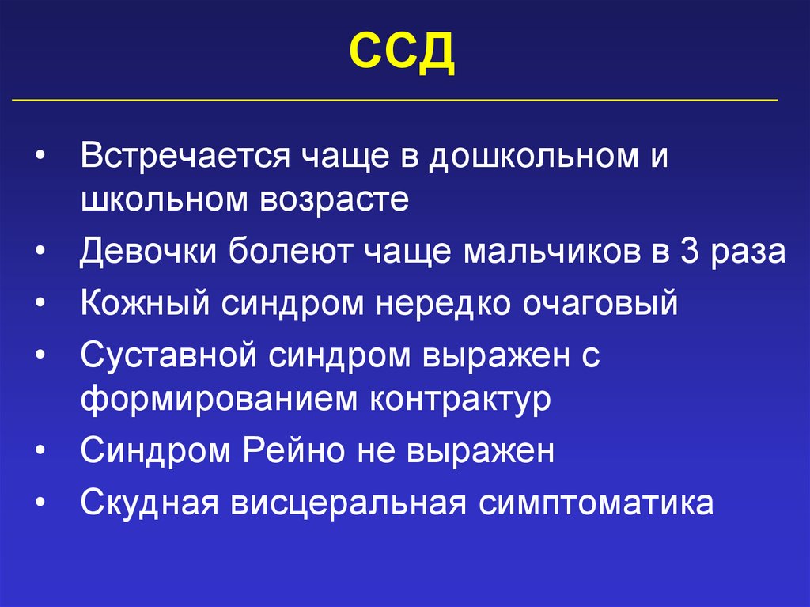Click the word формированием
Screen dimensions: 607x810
point(218,399)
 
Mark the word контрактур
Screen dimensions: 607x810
point(459,399)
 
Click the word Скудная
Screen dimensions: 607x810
point(146,503)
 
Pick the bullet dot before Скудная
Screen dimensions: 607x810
point(40,503)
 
